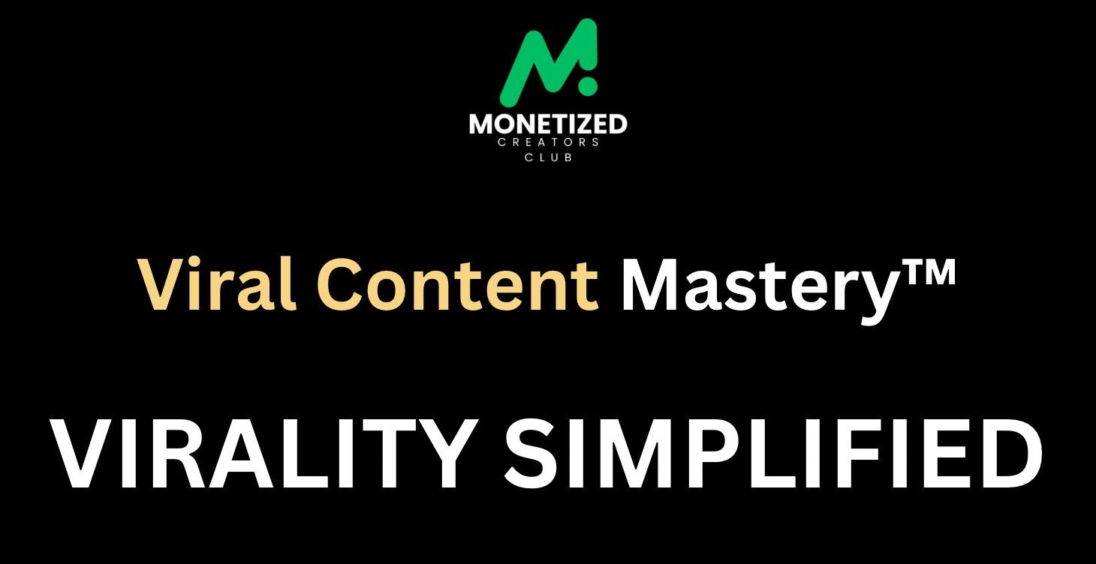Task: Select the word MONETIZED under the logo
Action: [548, 124]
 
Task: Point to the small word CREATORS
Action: [548, 142]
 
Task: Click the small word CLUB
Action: [549, 157]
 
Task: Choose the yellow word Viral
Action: [218, 286]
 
